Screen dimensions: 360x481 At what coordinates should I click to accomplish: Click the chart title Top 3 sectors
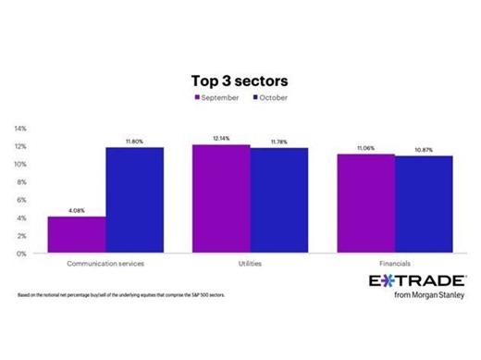(240, 80)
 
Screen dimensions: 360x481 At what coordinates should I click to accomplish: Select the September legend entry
(218, 96)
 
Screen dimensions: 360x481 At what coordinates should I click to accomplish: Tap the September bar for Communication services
(76, 235)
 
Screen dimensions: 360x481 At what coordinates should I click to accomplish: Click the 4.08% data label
(76, 210)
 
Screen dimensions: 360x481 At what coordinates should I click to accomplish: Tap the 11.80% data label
(134, 141)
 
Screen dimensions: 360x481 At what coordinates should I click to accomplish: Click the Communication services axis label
(105, 264)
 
